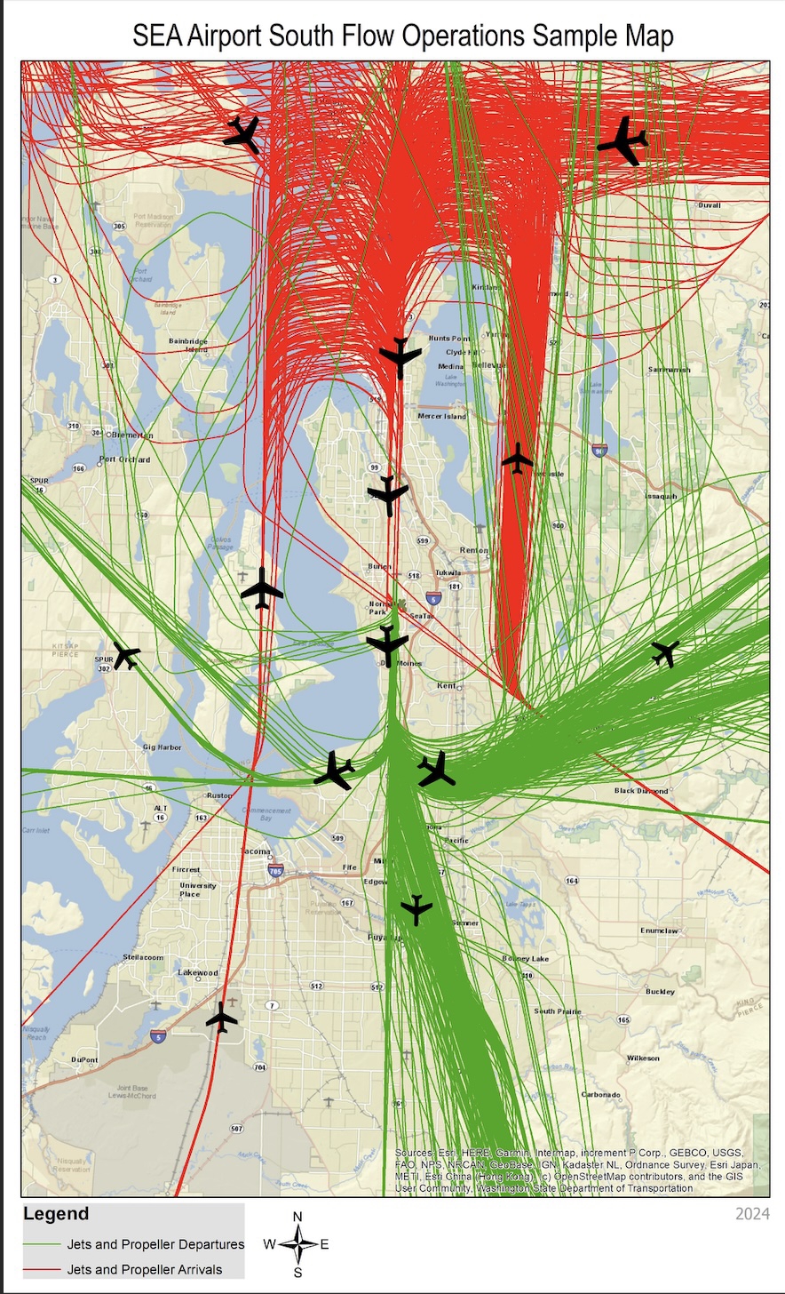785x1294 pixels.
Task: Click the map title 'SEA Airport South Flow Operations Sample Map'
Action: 403,36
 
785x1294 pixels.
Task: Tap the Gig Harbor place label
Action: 162,747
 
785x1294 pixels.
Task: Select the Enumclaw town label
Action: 659,931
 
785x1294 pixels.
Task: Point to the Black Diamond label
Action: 641,790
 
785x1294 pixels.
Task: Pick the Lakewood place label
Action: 197,972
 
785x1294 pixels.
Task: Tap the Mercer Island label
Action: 441,416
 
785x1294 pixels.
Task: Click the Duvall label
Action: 710,204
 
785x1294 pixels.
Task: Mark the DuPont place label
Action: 84,1059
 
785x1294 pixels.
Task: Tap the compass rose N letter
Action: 297,1217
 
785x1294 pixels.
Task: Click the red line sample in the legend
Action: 42,1269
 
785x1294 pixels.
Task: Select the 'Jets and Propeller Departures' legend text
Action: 155,1244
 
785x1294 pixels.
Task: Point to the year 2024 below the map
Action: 753,1214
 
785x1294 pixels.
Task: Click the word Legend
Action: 56,1214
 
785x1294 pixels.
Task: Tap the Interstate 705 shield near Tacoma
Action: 277,872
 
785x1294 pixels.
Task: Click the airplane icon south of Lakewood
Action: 221,1018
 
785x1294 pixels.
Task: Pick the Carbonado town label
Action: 601,1094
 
